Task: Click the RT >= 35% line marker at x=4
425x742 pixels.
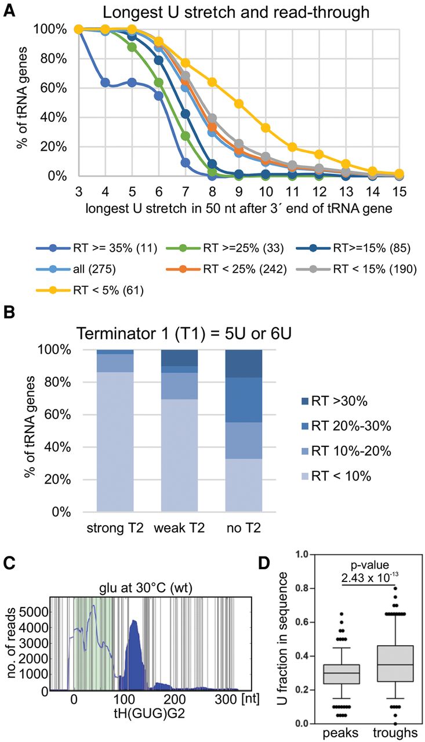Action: [105, 83]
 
